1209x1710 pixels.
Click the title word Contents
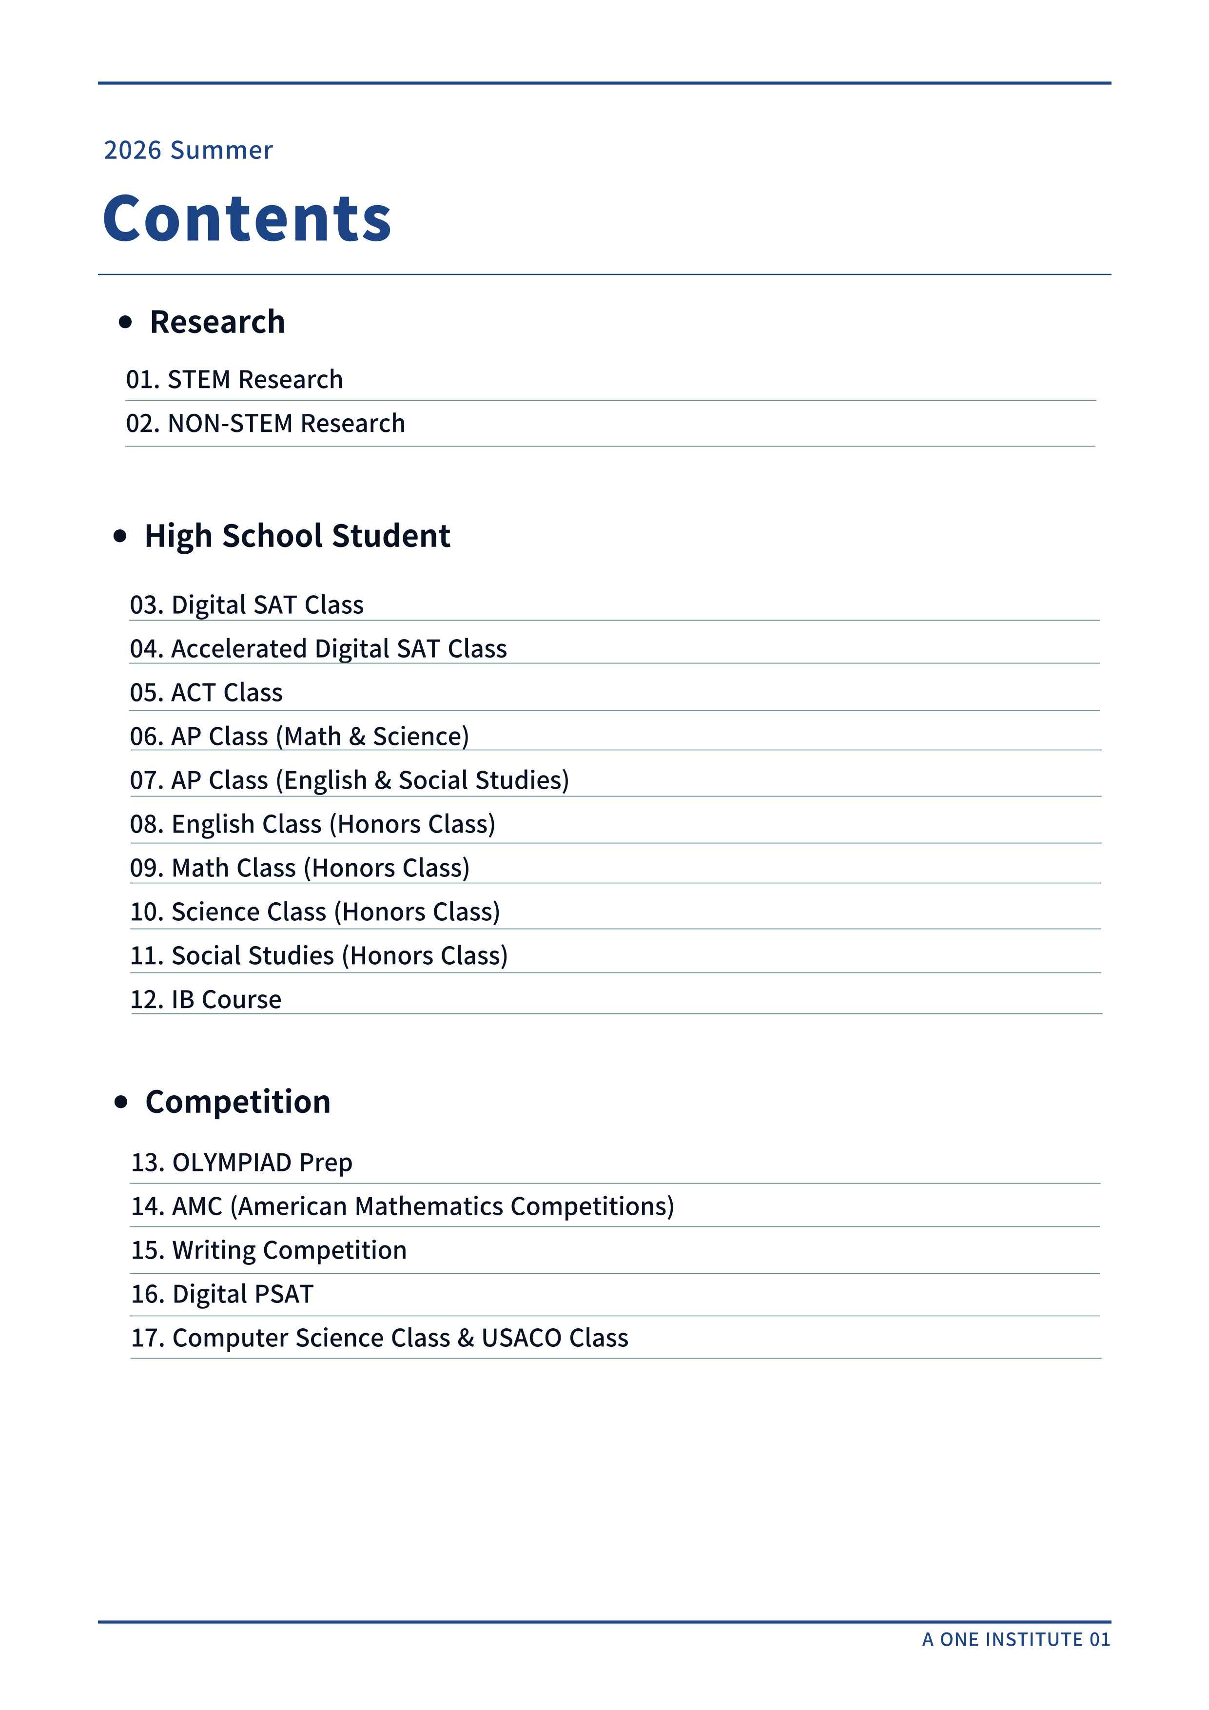pyautogui.click(x=247, y=218)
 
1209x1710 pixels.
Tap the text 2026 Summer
pyautogui.click(x=189, y=151)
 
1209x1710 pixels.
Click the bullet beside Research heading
pyautogui.click(x=125, y=322)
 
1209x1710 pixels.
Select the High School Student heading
pyautogui.click(x=297, y=536)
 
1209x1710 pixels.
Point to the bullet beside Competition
pyautogui.click(x=121, y=1102)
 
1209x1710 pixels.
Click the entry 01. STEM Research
pyautogui.click(x=234, y=380)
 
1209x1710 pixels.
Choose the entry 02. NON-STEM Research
pyautogui.click(x=265, y=424)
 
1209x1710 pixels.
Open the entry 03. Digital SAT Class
pyautogui.click(x=247, y=605)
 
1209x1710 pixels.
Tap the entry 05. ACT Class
pyautogui.click(x=206, y=693)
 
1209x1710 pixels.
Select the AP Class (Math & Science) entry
pyautogui.click(x=299, y=737)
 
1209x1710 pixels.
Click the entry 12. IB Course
pyautogui.click(x=206, y=999)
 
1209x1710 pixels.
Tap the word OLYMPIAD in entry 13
pyautogui.click(x=232, y=1163)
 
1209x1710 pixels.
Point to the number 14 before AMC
pyautogui.click(x=146, y=1206)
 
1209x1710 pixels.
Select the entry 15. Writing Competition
pyautogui.click(x=269, y=1250)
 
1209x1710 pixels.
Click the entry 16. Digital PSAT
pyautogui.click(x=222, y=1294)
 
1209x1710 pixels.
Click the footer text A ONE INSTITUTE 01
pyautogui.click(x=1015, y=1639)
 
